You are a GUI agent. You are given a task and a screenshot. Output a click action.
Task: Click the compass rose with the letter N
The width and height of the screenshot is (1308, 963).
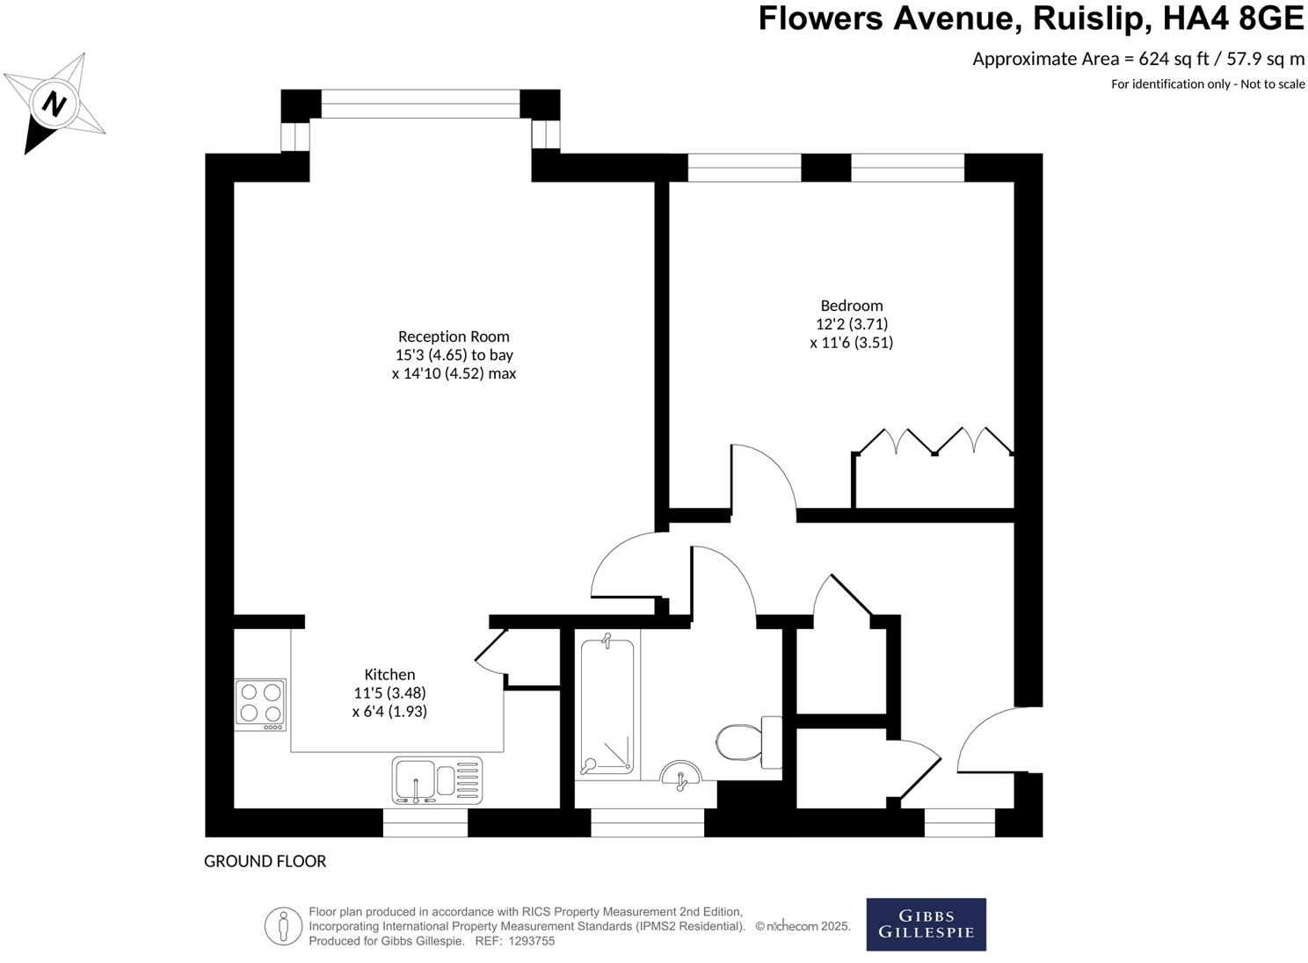[55, 104]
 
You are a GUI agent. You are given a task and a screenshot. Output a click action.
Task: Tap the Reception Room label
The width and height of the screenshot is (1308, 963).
[454, 337]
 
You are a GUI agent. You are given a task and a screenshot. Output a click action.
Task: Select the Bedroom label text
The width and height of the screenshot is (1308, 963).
[851, 306]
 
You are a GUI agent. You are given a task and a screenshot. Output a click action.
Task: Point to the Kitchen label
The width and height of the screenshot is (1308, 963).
[389, 674]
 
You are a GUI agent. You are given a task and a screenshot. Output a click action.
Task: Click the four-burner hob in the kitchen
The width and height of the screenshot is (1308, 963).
[261, 704]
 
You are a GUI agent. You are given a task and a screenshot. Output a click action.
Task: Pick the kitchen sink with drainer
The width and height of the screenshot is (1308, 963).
[437, 780]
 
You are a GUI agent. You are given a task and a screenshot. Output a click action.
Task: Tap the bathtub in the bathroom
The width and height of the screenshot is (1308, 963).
[607, 706]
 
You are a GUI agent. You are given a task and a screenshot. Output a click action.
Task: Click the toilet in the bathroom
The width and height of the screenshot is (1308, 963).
[747, 741]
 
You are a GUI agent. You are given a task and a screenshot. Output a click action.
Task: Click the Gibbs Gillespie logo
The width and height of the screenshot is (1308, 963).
[926, 923]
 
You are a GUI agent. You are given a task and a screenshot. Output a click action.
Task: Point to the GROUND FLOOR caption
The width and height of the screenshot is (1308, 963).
[265, 861]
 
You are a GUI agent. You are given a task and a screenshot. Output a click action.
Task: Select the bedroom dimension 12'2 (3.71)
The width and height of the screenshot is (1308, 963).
[851, 324]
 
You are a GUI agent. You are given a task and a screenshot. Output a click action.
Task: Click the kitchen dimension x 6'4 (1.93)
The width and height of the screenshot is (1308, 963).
[389, 712]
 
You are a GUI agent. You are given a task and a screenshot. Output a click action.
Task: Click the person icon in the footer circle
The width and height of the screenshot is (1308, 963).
[284, 926]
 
